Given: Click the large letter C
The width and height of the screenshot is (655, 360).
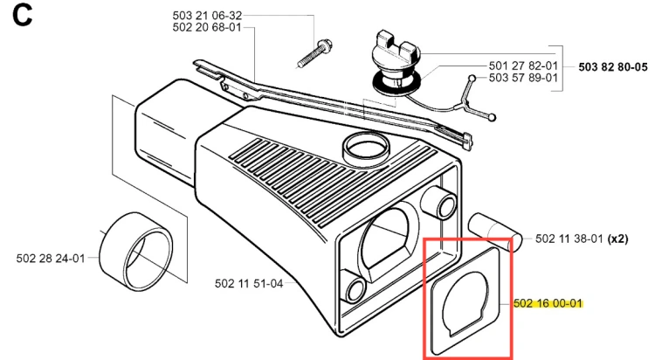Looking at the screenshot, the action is (22, 16).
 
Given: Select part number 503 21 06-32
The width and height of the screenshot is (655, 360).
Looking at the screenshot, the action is (207, 16).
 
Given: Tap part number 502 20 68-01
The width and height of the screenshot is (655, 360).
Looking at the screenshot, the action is (207, 28).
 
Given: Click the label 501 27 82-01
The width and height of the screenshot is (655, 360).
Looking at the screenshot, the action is (523, 66).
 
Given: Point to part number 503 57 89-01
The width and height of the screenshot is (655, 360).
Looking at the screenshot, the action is (523, 78).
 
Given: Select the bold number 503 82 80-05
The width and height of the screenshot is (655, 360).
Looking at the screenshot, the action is (613, 67).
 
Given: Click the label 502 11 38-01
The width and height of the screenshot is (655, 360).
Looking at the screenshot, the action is (569, 239).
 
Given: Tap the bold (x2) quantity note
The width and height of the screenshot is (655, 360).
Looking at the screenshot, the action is (617, 239).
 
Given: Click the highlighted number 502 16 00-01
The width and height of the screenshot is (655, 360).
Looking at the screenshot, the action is (548, 303).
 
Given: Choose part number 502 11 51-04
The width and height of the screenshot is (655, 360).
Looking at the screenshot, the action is (249, 283).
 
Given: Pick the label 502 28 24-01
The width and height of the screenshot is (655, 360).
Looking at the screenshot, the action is (51, 259).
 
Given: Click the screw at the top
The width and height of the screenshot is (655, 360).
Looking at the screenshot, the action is (314, 53).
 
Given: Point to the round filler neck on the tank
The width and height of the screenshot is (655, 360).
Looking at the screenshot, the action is (366, 149).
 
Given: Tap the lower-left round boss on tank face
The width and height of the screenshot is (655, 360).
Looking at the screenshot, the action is (355, 287).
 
